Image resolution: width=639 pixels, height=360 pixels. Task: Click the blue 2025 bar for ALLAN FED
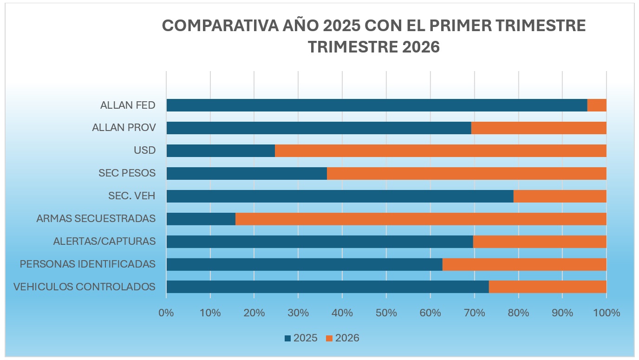376,105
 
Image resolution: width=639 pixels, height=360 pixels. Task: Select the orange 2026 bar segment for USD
440,151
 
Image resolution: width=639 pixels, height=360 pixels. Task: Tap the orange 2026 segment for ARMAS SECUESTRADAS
420,219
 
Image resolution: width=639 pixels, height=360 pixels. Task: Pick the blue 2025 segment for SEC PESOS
246,173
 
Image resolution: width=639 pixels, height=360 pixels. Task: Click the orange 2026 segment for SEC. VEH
560,196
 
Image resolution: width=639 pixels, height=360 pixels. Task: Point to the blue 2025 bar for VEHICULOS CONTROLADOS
327,287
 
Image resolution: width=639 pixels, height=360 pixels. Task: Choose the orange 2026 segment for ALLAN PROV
539,128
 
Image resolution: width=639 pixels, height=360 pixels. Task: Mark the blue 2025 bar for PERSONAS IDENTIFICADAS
304,264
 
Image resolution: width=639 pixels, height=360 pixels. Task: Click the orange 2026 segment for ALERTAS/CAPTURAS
540,242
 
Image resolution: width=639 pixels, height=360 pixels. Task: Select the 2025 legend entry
301,338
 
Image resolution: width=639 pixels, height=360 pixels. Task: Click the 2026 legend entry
343,338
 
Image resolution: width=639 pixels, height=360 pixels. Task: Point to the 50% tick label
386,313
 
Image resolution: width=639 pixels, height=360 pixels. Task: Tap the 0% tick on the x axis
166,313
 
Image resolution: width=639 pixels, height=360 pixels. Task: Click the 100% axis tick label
606,313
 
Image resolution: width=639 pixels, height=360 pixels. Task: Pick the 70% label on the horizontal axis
474,313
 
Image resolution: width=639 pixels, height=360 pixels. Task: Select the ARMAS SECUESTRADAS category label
96,219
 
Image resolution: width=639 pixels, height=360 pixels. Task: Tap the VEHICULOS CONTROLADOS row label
84,287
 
